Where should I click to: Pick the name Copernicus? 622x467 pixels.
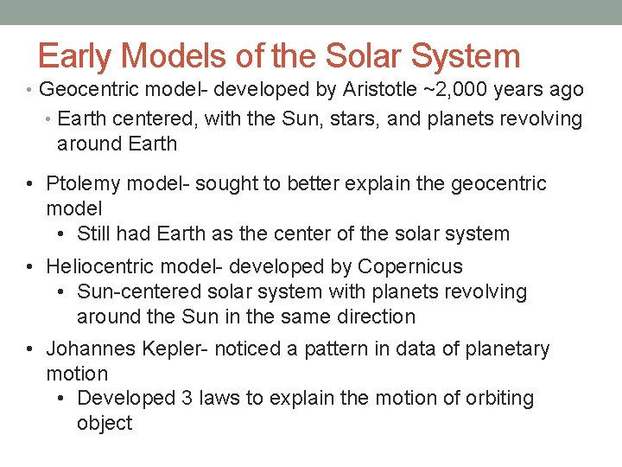pyautogui.click(x=410, y=266)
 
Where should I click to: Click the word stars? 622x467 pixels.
pyautogui.click(x=356, y=118)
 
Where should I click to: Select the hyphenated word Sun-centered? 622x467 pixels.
pyautogui.click(x=139, y=291)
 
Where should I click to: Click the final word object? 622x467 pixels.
pyautogui.click(x=105, y=424)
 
